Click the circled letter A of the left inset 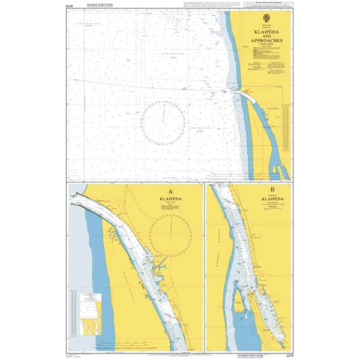click(x=172, y=193)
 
